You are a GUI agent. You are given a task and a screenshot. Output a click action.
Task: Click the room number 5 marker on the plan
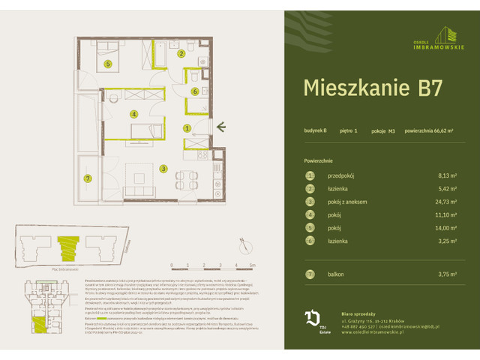(108, 64)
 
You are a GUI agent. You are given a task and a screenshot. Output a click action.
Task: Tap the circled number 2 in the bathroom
(181, 53)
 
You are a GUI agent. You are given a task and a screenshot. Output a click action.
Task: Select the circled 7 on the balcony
(88, 178)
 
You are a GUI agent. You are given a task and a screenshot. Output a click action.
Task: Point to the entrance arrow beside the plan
(221, 127)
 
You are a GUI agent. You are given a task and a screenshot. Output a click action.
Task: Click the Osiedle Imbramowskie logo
(435, 35)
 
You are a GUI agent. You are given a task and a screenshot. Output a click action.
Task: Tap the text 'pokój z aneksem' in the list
(347, 202)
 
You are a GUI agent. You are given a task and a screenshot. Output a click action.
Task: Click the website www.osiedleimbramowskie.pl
(373, 333)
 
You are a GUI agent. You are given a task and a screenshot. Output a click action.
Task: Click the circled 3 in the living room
(163, 169)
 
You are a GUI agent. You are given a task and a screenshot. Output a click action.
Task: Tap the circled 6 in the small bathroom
(194, 91)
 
